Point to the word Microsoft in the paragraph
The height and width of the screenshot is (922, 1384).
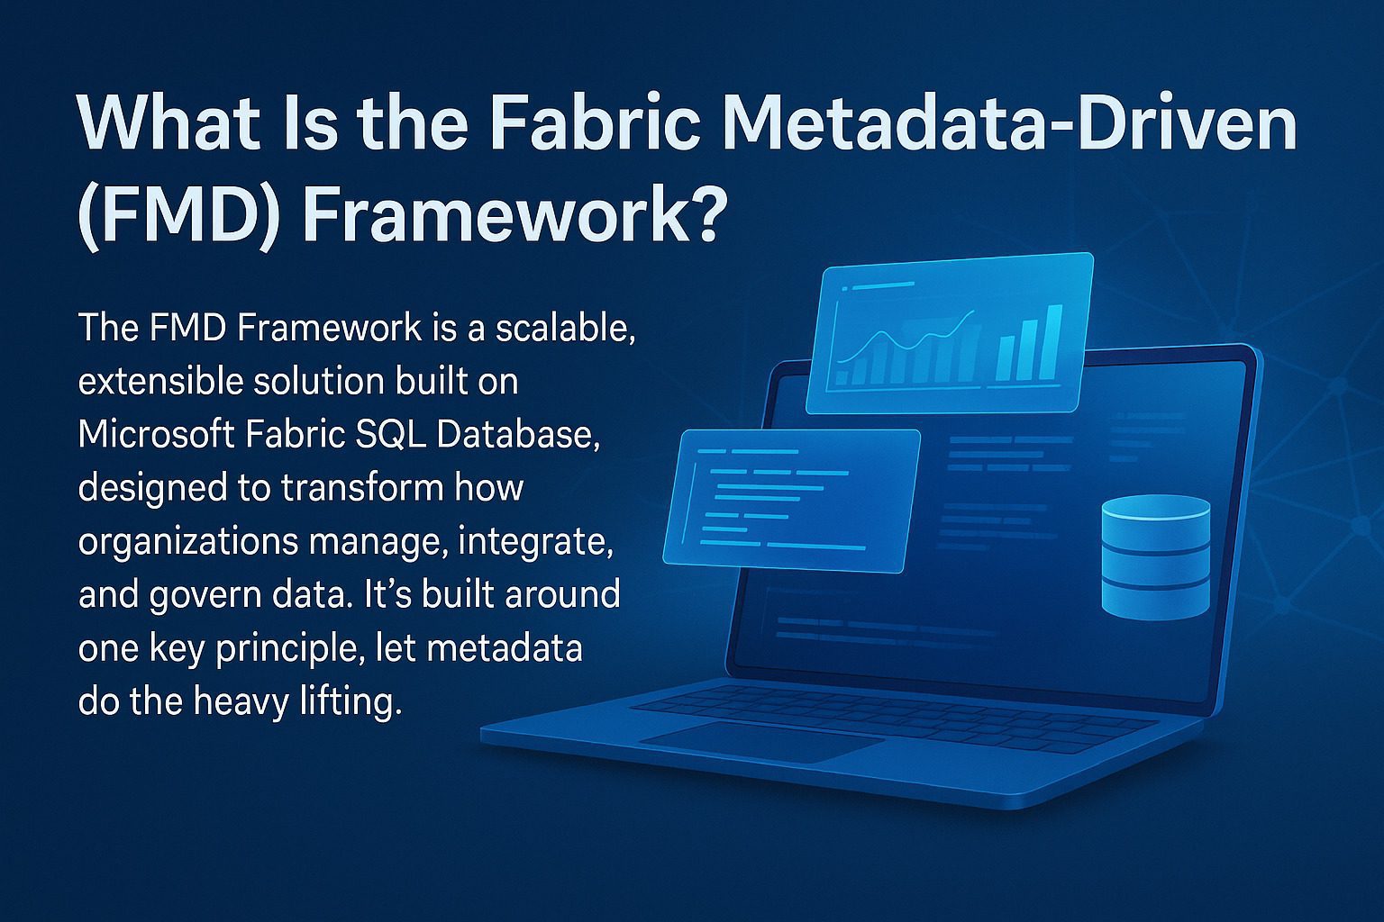pos(152,435)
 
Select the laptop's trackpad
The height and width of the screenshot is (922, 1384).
pos(761,743)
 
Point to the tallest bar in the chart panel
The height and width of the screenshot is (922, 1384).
pos(1053,342)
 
